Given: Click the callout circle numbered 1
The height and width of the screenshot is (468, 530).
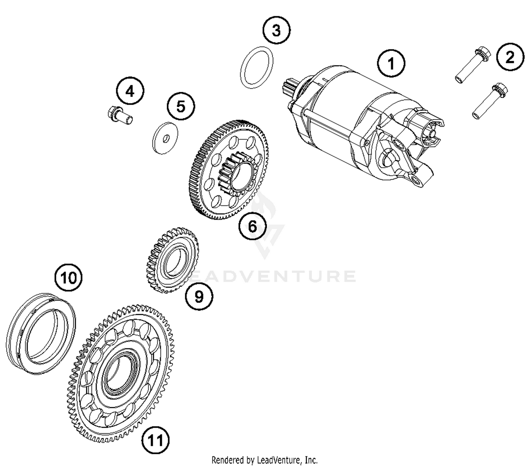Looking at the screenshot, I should coord(391,64).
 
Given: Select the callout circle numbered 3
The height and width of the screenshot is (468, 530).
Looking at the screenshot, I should coord(276,30).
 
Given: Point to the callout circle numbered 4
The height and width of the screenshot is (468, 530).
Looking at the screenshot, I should coord(130,91).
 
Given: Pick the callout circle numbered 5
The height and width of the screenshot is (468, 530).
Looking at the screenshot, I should coord(181,106).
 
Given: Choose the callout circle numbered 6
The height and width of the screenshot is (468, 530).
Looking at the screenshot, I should coord(253,226).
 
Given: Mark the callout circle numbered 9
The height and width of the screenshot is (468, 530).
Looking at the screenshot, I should coord(199,297).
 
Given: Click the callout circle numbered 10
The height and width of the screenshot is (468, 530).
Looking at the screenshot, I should coord(69,278).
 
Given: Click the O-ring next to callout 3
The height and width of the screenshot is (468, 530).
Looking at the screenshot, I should coord(257,68).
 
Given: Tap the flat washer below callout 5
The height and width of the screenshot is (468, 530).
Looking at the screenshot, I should coord(165,138).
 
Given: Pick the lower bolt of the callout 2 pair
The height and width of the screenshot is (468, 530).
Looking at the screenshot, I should coord(490,101).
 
